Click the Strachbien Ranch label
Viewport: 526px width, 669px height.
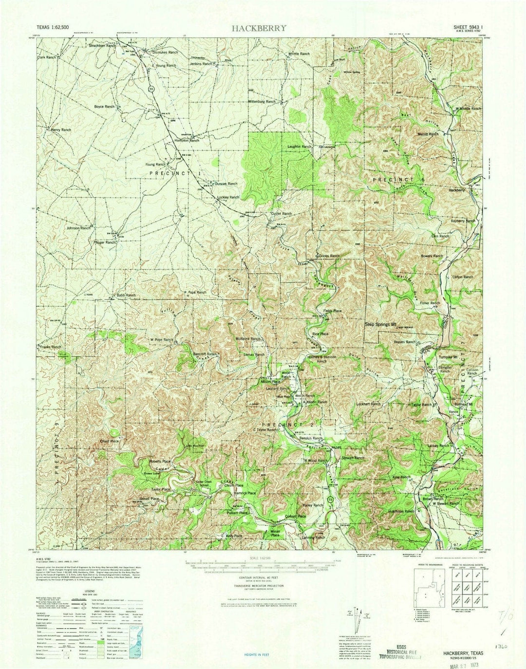point(102,46)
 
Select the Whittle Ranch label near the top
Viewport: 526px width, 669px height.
point(298,54)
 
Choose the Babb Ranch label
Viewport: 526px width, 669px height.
point(126,296)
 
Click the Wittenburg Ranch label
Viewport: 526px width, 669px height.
point(262,101)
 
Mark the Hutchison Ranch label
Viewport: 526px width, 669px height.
point(401,511)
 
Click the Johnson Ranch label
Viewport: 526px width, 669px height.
point(78,228)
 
